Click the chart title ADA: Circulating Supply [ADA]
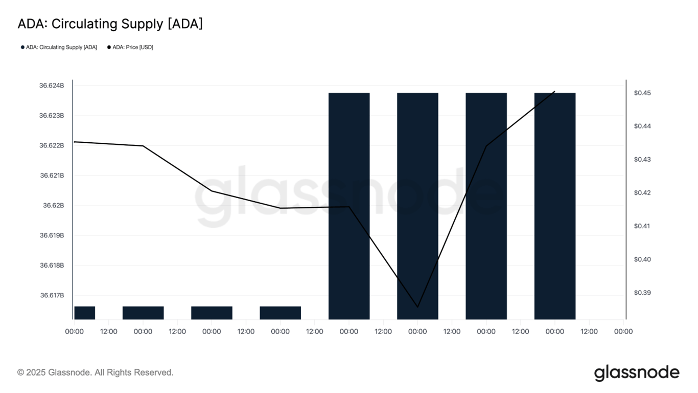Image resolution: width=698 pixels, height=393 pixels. [x=110, y=24]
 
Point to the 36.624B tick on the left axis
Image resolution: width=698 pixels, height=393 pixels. [x=52, y=85]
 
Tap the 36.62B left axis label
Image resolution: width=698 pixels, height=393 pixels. [x=53, y=205]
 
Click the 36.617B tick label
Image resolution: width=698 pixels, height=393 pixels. [x=52, y=295]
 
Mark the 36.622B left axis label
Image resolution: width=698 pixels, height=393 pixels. [x=52, y=145]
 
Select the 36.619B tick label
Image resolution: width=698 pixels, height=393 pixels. [x=52, y=235]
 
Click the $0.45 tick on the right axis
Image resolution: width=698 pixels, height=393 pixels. [x=642, y=93]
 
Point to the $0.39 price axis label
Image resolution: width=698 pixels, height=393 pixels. [x=642, y=293]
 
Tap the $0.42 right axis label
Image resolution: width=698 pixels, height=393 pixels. [x=642, y=192]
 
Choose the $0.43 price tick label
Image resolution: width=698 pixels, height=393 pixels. [x=642, y=159]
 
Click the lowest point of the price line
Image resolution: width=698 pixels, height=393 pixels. [x=417, y=307]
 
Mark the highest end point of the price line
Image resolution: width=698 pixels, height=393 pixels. [x=555, y=92]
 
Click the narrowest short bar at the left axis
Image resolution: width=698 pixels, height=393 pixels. [x=84, y=313]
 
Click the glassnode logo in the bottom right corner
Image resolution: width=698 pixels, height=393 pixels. [x=637, y=373]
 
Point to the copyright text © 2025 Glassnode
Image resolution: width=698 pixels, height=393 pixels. [x=96, y=373]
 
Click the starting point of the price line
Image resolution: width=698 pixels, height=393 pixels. [x=75, y=142]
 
